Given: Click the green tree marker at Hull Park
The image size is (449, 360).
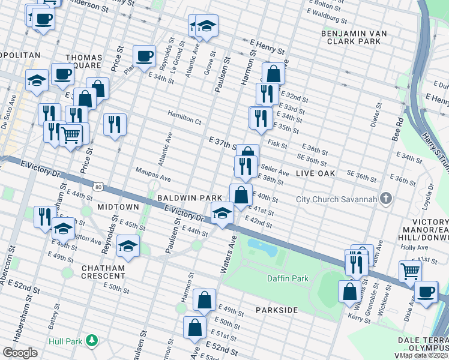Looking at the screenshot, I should (x=91, y=341).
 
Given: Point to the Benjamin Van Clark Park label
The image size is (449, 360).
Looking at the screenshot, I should (x=351, y=37).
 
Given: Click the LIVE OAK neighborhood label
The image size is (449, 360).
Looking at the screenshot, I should (x=315, y=173).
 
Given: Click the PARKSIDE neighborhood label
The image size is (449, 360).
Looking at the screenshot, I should (x=276, y=310).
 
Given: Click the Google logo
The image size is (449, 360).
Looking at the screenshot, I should (x=20, y=352).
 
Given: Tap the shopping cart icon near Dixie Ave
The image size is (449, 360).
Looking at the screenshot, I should (x=410, y=271).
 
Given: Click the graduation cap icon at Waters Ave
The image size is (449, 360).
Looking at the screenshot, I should (x=222, y=213).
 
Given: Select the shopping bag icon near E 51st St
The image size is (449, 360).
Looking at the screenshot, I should (x=195, y=328).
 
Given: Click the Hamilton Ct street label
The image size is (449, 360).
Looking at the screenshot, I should (x=184, y=121).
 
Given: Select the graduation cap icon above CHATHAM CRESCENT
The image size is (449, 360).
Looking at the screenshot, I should (x=127, y=246).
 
